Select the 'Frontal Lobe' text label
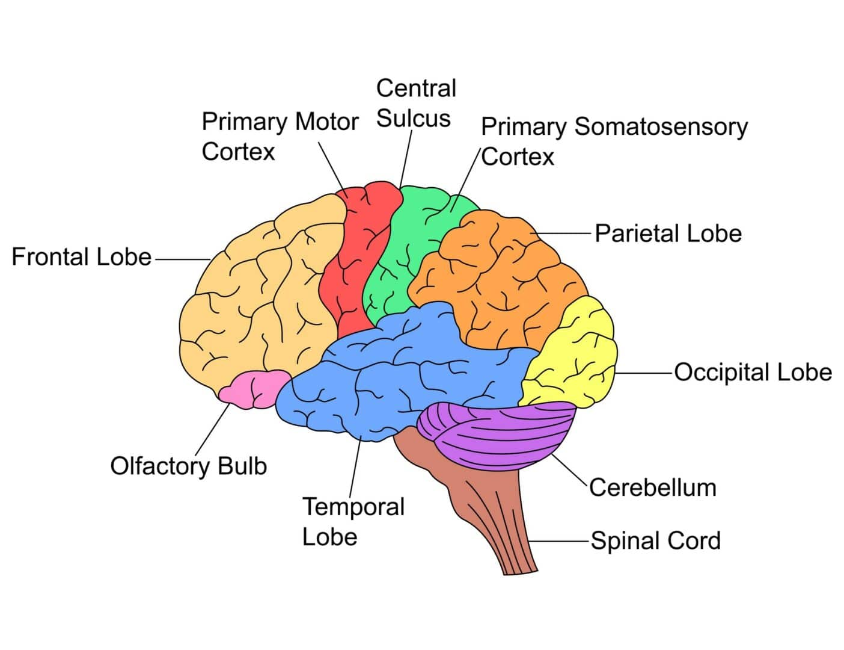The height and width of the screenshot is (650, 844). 82,257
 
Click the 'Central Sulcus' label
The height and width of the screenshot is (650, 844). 415,104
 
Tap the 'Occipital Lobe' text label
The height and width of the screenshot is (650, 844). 753,373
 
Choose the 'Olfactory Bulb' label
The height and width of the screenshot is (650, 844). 188,466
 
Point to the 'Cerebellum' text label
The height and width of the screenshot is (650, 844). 653,487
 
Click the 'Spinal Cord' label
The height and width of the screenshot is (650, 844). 655,540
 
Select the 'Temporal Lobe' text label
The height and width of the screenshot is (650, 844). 353,521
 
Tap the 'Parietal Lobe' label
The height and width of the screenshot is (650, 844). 668,234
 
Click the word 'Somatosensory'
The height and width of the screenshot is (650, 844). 661,127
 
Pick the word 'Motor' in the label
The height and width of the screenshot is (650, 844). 328,122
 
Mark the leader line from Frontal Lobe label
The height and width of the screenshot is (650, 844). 182,259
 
